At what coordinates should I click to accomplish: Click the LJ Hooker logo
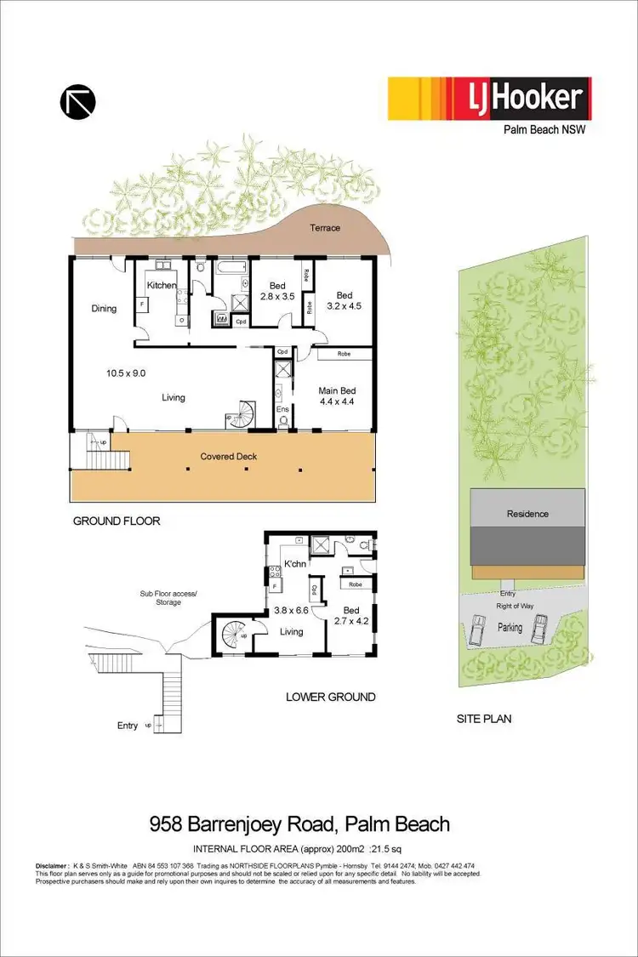(x=488, y=99)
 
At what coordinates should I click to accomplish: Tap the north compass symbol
(x=77, y=101)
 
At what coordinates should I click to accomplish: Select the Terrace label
(x=324, y=228)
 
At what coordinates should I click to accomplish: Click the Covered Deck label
(x=228, y=457)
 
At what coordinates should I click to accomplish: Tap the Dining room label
(x=104, y=309)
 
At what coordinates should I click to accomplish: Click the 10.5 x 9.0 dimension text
(x=125, y=373)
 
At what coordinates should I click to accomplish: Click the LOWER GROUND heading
(x=331, y=697)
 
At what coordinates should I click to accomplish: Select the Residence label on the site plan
(x=527, y=514)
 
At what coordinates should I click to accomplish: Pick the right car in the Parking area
(x=540, y=630)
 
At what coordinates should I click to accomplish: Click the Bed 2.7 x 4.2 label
(x=350, y=616)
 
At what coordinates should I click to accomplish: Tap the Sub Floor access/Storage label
(x=168, y=598)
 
